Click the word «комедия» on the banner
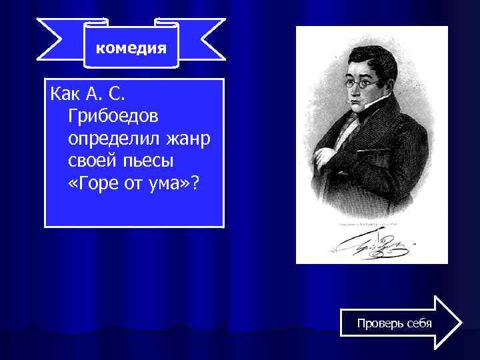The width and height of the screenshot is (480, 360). [131, 48]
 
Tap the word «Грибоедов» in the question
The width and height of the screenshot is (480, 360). [113, 117]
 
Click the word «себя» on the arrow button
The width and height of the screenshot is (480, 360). [417, 323]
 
